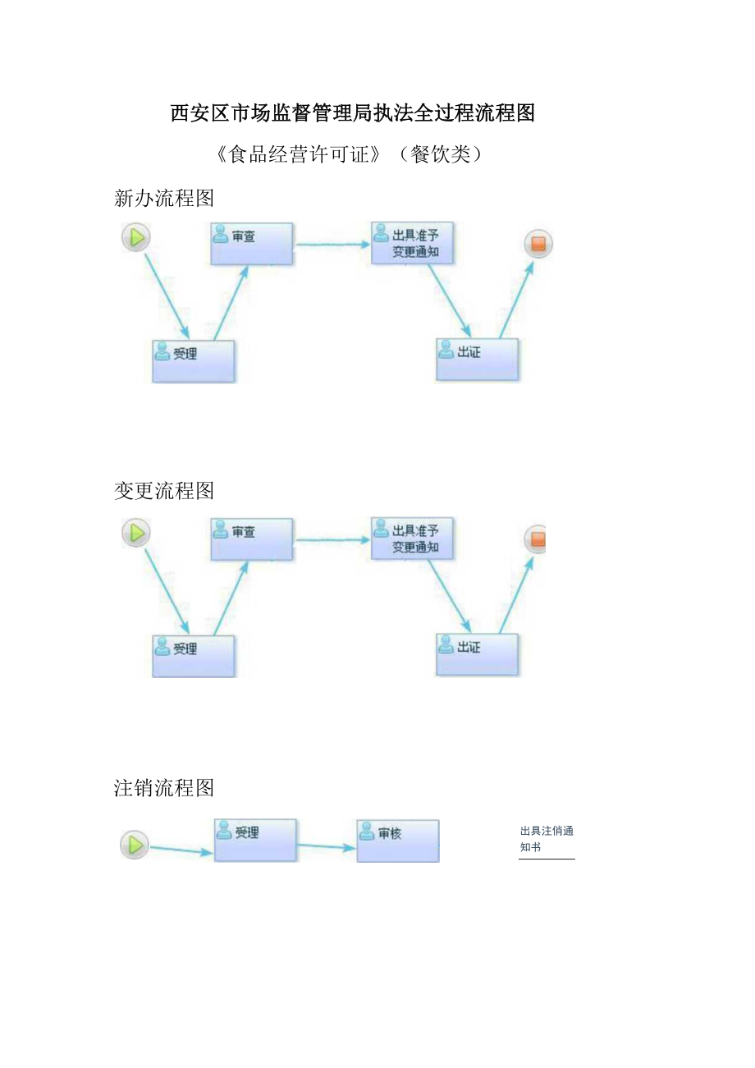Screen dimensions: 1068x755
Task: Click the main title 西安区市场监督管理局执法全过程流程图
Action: pos(353,113)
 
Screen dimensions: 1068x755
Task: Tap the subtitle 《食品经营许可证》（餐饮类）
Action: pos(350,154)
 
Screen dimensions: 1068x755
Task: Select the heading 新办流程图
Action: pos(164,198)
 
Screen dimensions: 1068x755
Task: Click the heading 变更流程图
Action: pos(164,491)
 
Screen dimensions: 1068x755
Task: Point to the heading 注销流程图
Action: pos(164,788)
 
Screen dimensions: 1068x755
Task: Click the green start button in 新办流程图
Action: pos(136,238)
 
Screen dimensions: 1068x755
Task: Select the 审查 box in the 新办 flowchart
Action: pos(251,244)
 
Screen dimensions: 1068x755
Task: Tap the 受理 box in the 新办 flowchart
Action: pos(194,361)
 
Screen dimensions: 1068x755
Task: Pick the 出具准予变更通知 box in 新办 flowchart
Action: pos(412,243)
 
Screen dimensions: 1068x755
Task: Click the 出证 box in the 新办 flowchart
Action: pos(477,360)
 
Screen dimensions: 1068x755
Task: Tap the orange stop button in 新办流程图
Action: pos(538,244)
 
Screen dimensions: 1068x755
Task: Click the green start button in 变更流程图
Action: pos(136,533)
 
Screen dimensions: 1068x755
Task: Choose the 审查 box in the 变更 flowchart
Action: pos(251,539)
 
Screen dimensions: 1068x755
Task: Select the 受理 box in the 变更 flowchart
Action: pos(194,656)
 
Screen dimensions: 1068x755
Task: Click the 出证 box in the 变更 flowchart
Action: pos(477,654)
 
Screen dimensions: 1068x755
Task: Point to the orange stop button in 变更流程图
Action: pos(537,539)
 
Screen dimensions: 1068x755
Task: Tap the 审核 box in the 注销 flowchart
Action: pos(398,841)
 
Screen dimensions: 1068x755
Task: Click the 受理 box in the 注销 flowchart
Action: pos(255,840)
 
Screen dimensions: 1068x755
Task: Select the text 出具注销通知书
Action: pos(547,838)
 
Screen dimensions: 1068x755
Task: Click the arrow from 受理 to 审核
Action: pos(327,846)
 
